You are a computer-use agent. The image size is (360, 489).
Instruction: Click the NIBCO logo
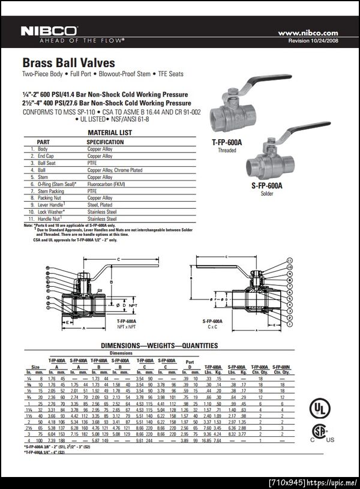click(x=49, y=31)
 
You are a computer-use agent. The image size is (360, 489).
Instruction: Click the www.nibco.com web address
click(x=308, y=33)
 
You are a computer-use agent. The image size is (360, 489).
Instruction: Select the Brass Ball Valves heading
click(x=68, y=62)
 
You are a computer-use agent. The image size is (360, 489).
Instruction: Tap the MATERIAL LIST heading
click(x=110, y=133)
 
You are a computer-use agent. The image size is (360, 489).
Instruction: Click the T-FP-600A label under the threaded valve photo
click(x=226, y=142)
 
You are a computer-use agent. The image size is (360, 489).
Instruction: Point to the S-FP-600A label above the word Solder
click(x=266, y=186)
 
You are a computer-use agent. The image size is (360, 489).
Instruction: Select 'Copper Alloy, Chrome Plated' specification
click(x=115, y=170)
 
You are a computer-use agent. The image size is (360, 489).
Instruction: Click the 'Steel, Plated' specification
click(x=100, y=205)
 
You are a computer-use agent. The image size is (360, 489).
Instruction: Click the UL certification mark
click(x=319, y=409)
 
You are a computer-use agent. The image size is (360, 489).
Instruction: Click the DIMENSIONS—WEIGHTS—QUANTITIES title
click(x=159, y=346)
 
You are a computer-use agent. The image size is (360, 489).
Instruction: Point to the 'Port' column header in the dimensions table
click(x=190, y=361)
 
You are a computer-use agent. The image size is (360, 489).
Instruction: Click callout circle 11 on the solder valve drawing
click(x=289, y=260)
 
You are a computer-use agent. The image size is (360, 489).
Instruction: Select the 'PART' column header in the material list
click(x=43, y=142)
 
